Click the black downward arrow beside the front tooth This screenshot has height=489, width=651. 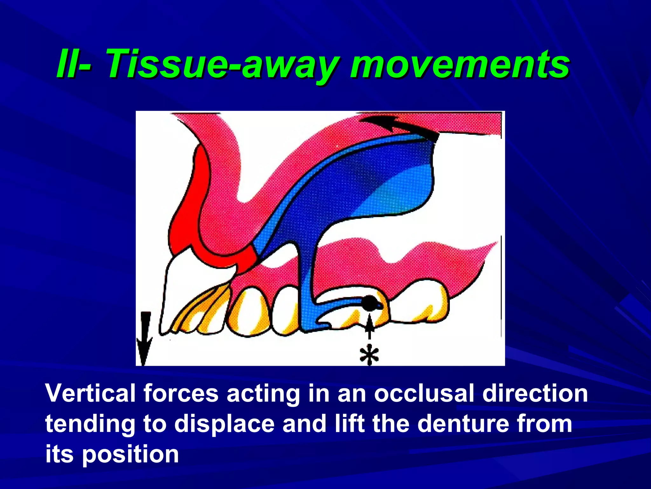[144, 337]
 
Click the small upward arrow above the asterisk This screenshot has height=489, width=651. [369, 328]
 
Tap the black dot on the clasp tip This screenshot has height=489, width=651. [370, 303]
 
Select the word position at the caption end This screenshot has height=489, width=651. [130, 455]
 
